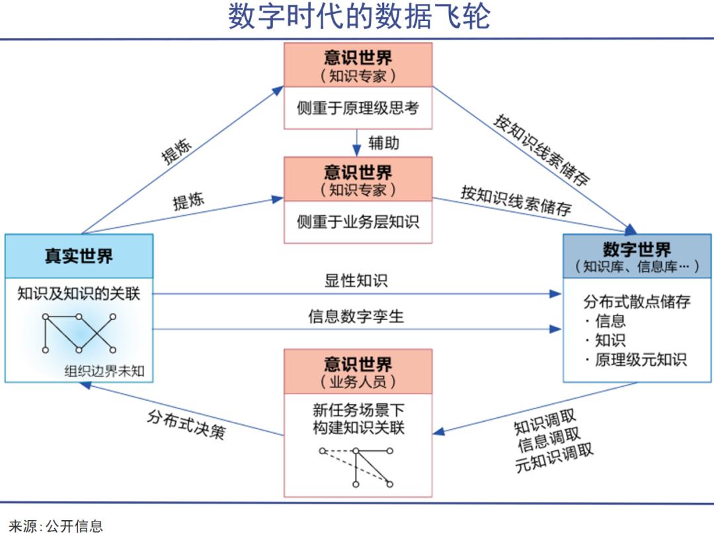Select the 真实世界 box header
[x=79, y=256]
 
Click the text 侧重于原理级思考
[x=358, y=108]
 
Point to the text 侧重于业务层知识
[x=358, y=222]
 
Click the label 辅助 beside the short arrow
[x=384, y=142]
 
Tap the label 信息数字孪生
[x=356, y=316]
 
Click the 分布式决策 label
[x=186, y=424]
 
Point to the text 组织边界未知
[x=104, y=371]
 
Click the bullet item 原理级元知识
[x=641, y=360]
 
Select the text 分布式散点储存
[x=637, y=302]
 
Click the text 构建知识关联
[x=358, y=428]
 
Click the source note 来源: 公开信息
[x=56, y=526]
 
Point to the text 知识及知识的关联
[x=79, y=294]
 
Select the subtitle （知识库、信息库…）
[x=637, y=267]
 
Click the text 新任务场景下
[x=358, y=410]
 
